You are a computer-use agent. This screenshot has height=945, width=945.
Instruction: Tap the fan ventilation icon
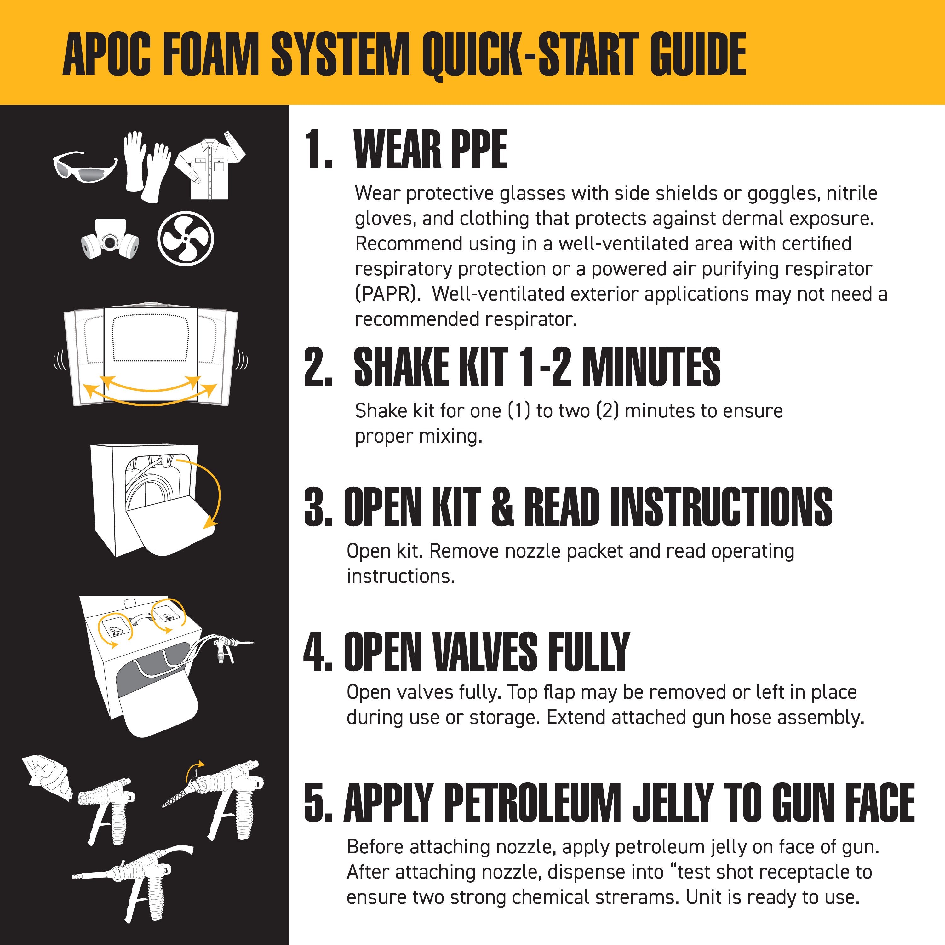pyautogui.click(x=186, y=239)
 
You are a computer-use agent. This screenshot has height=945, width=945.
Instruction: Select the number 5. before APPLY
pyautogui.click(x=318, y=803)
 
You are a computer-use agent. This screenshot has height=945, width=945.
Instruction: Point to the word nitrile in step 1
pyautogui.click(x=851, y=193)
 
